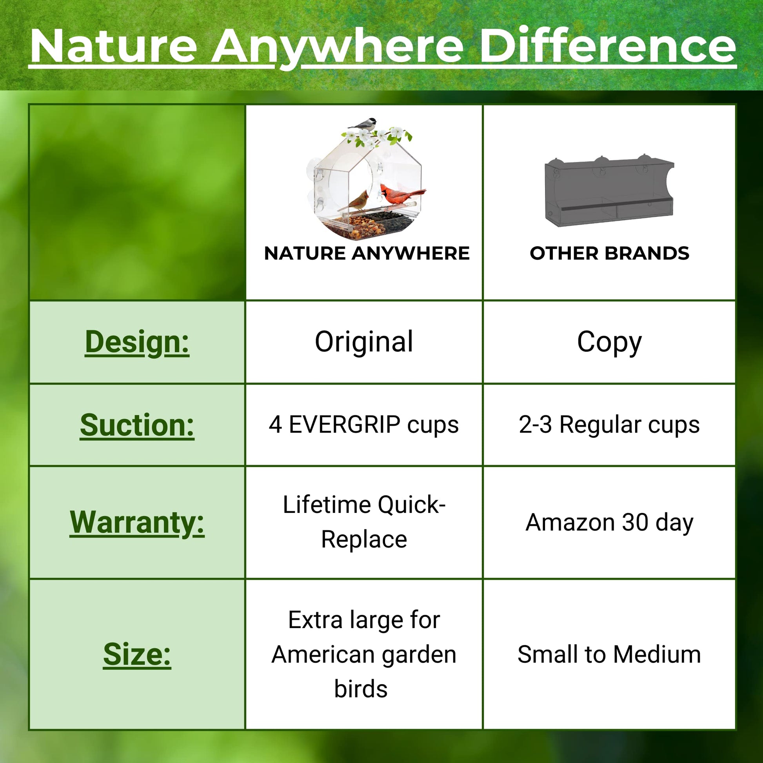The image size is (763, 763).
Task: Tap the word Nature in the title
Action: pos(114,47)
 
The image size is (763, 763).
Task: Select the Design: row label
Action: pos(137,342)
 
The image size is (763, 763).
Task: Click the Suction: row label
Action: pos(137,425)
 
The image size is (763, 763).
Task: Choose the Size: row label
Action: pos(137,654)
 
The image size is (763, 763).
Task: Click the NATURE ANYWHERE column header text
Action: pos(367,253)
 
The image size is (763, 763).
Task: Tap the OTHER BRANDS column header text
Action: pos(609,253)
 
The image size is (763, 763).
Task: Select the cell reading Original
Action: pos(364,342)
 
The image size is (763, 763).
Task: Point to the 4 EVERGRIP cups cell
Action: pos(364,425)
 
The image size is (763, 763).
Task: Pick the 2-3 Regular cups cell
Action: pos(609,425)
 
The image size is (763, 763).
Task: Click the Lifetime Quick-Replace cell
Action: pos(364,522)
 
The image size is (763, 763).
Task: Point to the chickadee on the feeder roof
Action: pos(363,124)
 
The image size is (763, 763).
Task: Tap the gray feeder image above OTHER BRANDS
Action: pos(609,191)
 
